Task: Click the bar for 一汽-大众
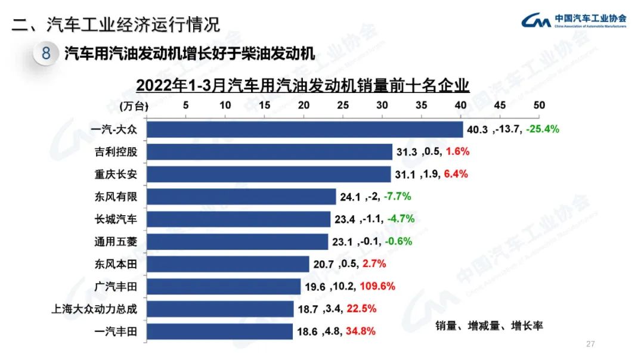pos(305,129)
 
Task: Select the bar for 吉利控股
pos(270,152)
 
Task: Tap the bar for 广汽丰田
pos(224,287)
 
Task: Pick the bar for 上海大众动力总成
pos(220,309)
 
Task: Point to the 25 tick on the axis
pos(343,105)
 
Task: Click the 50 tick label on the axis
pos(539,105)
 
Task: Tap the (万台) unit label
pos(132,106)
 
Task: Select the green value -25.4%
pos(543,129)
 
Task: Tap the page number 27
pos(592,345)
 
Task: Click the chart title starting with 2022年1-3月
pos(303,86)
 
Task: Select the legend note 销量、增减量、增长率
pos(489,326)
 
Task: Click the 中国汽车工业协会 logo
pos(573,21)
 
